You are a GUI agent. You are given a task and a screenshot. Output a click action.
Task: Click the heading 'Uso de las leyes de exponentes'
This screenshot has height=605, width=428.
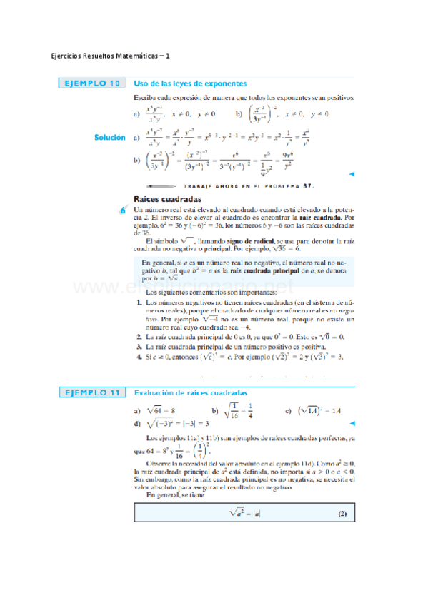coord(190,83)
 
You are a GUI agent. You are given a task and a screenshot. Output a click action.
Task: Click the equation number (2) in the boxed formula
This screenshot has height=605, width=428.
coord(341,514)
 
